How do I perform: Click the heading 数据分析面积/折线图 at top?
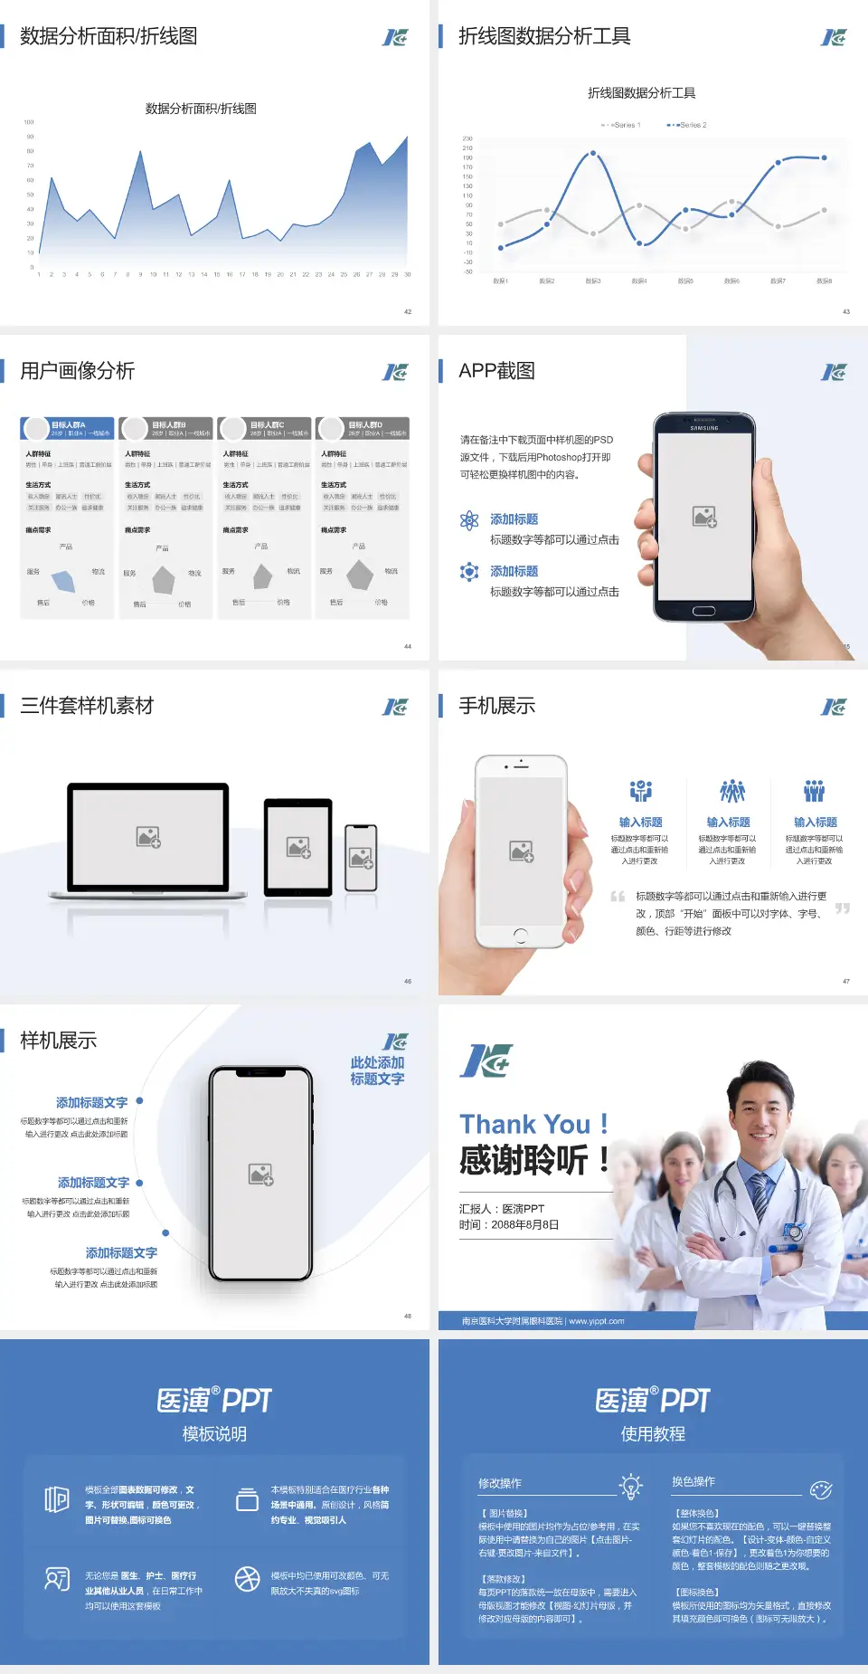108,36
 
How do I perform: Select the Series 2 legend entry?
688,125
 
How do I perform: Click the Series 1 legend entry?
621,125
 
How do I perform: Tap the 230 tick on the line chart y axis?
467,138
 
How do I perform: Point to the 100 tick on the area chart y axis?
29,122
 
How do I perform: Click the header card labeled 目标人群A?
68,428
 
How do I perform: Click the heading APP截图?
496,371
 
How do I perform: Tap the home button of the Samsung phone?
703,611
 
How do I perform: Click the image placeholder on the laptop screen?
148,837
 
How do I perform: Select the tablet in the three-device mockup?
298,848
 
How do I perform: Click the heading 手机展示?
496,706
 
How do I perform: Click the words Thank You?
524,1124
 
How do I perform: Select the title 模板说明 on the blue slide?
214,1434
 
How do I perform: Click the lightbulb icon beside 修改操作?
630,1486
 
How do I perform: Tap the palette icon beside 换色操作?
820,1489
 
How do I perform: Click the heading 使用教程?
653,1434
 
